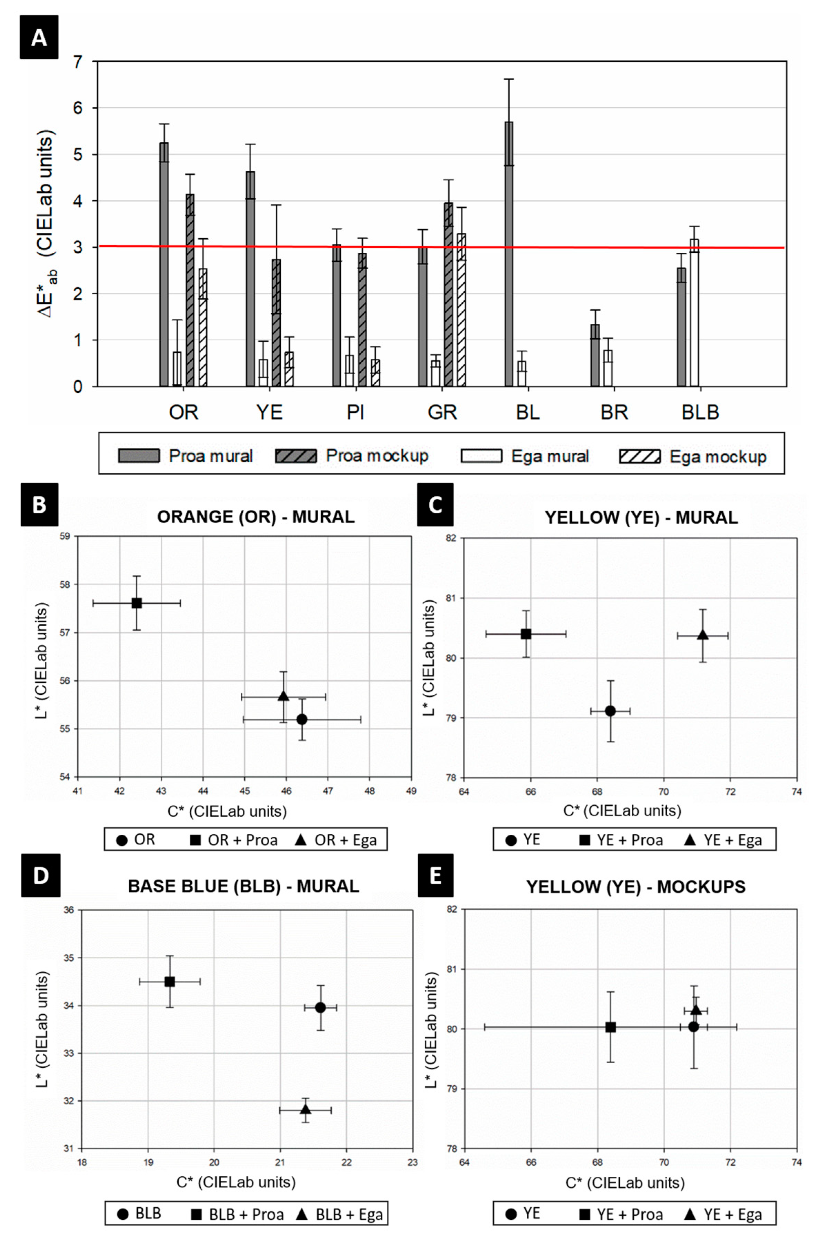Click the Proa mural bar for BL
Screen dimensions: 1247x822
pyautogui.click(x=509, y=254)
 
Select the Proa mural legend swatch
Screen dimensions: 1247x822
pyautogui.click(x=139, y=455)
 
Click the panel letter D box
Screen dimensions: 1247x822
pyautogui.click(x=40, y=875)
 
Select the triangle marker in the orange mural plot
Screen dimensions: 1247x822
pyautogui.click(x=284, y=696)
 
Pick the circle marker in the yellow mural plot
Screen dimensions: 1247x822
pyautogui.click(x=610, y=711)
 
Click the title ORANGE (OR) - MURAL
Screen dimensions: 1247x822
pyautogui.click(x=256, y=517)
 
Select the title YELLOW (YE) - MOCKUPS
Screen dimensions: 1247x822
pyautogui.click(x=635, y=886)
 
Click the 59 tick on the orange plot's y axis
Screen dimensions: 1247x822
pyautogui.click(x=66, y=536)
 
